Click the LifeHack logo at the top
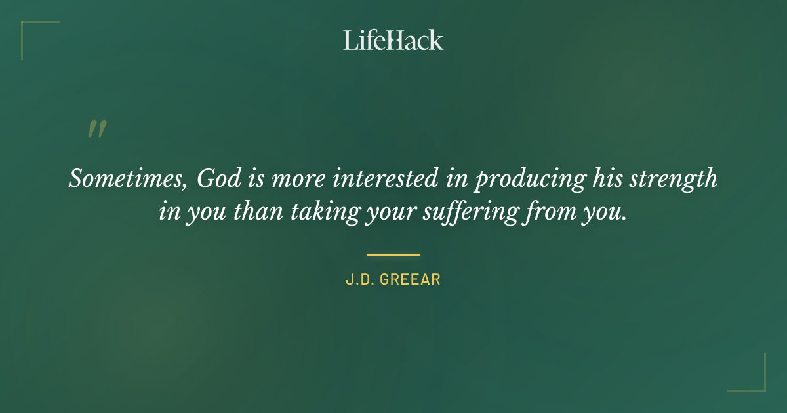point(393,41)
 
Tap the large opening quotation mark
point(96,129)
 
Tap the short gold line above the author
point(393,254)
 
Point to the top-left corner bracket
point(30,30)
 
